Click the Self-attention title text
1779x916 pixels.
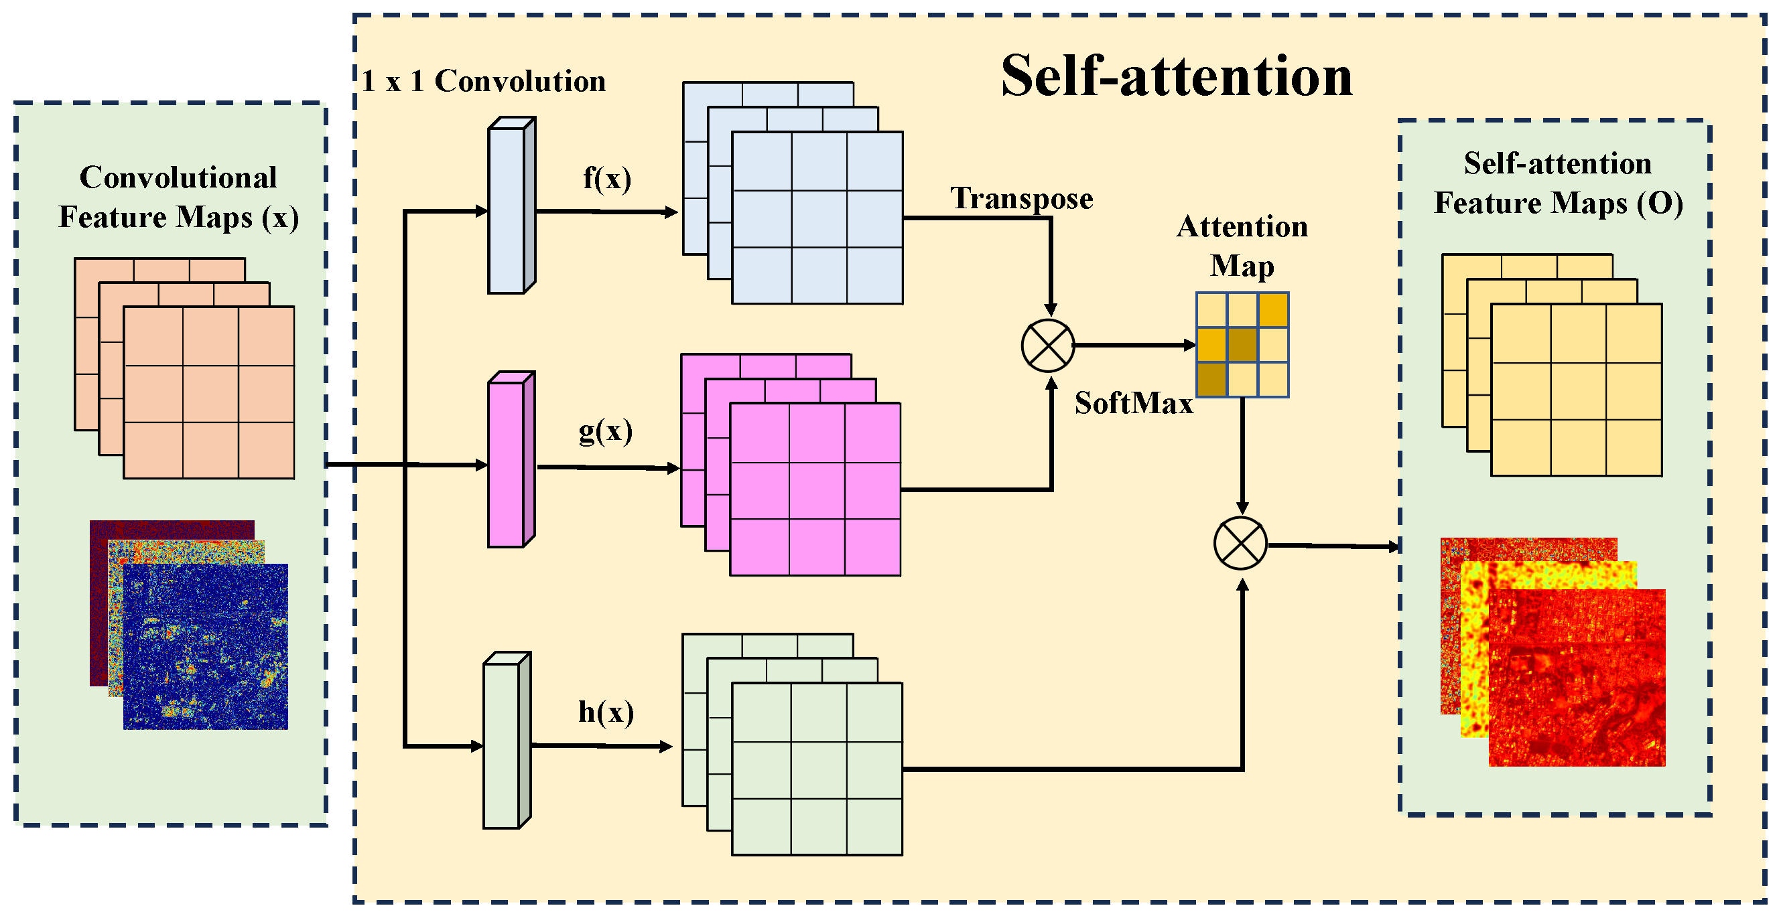[1175, 76]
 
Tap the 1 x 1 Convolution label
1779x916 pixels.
[483, 82]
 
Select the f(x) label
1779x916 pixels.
[606, 178]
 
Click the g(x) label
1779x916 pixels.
[605, 431]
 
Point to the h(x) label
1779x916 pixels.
[606, 712]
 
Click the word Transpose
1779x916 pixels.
[1021, 199]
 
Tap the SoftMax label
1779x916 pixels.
[1133, 403]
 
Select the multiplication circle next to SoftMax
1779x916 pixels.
[1048, 346]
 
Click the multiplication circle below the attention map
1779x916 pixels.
[1240, 543]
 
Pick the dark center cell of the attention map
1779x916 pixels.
[1242, 344]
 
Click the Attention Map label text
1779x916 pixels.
[1242, 246]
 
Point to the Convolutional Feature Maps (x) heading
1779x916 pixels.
[178, 198]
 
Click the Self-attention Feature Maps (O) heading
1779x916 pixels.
[1557, 183]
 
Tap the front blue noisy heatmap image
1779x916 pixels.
[205, 647]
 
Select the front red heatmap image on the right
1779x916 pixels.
[1577, 678]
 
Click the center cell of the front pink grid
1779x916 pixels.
[816, 490]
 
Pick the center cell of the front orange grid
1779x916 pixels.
[210, 394]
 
